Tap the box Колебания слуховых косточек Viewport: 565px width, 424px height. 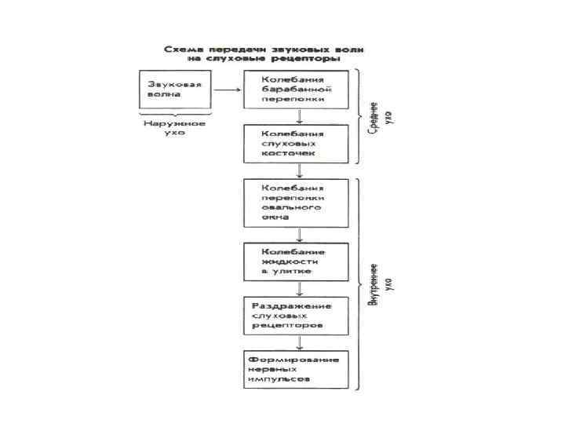tap(295, 143)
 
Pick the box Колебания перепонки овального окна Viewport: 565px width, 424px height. tap(295, 203)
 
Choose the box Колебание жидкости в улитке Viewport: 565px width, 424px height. tap(295, 261)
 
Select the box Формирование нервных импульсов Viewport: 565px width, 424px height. tap(295, 369)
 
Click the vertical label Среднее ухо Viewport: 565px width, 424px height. tap(378, 118)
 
